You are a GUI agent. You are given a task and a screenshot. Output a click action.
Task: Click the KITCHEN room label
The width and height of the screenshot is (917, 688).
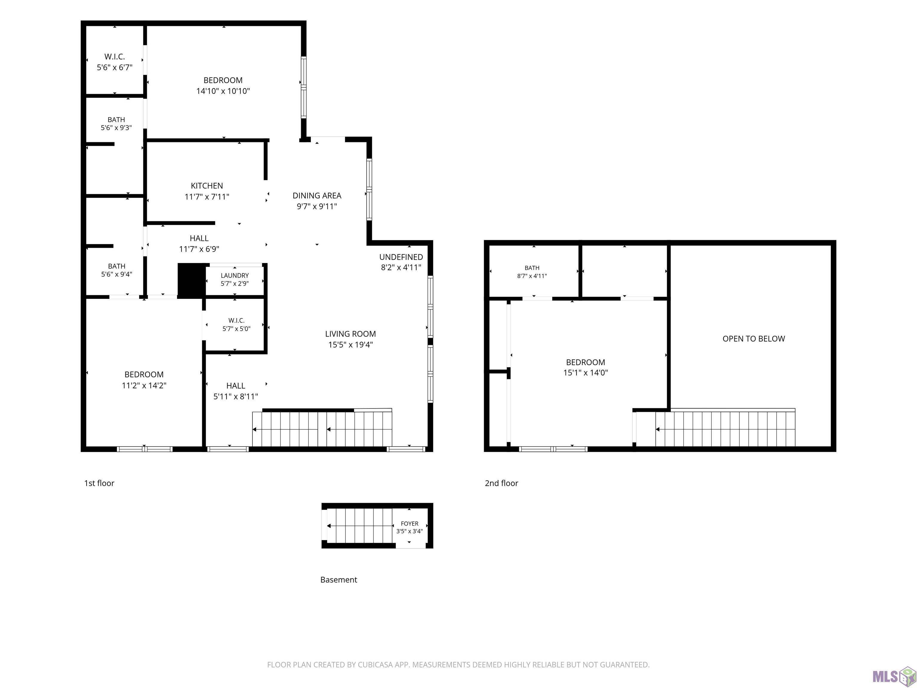point(207,186)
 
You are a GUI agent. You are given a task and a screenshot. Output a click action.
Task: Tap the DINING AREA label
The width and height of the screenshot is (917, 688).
point(317,195)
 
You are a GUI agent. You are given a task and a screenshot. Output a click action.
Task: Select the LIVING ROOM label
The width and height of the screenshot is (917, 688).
point(350,334)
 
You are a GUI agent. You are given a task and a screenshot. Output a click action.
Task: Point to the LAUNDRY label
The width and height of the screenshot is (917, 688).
point(235,275)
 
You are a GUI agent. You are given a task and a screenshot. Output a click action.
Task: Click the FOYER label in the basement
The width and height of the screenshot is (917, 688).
point(410,523)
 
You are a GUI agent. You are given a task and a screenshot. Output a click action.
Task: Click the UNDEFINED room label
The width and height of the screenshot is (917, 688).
point(401,257)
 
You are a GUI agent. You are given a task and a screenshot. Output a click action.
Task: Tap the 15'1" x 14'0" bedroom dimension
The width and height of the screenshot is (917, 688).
point(585,372)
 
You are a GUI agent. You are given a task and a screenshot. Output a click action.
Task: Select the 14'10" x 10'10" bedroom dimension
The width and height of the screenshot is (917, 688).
point(223,91)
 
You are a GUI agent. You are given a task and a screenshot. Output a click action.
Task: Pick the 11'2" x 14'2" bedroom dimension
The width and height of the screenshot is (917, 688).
point(144,385)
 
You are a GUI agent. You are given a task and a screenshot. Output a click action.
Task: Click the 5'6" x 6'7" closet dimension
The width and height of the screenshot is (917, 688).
point(114,67)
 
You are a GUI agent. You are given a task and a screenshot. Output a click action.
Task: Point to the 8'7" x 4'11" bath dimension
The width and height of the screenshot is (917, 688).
point(532,276)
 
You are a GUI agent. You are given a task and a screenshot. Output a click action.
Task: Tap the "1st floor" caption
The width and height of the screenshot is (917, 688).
point(99,483)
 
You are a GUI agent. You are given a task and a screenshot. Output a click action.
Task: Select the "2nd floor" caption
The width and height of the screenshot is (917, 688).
point(501,483)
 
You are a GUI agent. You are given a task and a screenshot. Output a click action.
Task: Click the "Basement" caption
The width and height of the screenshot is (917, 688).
point(339,580)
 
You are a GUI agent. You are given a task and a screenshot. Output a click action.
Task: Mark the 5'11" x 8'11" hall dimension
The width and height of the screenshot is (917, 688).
point(236,397)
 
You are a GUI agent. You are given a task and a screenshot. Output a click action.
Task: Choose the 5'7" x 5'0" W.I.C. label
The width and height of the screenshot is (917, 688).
point(236,329)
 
